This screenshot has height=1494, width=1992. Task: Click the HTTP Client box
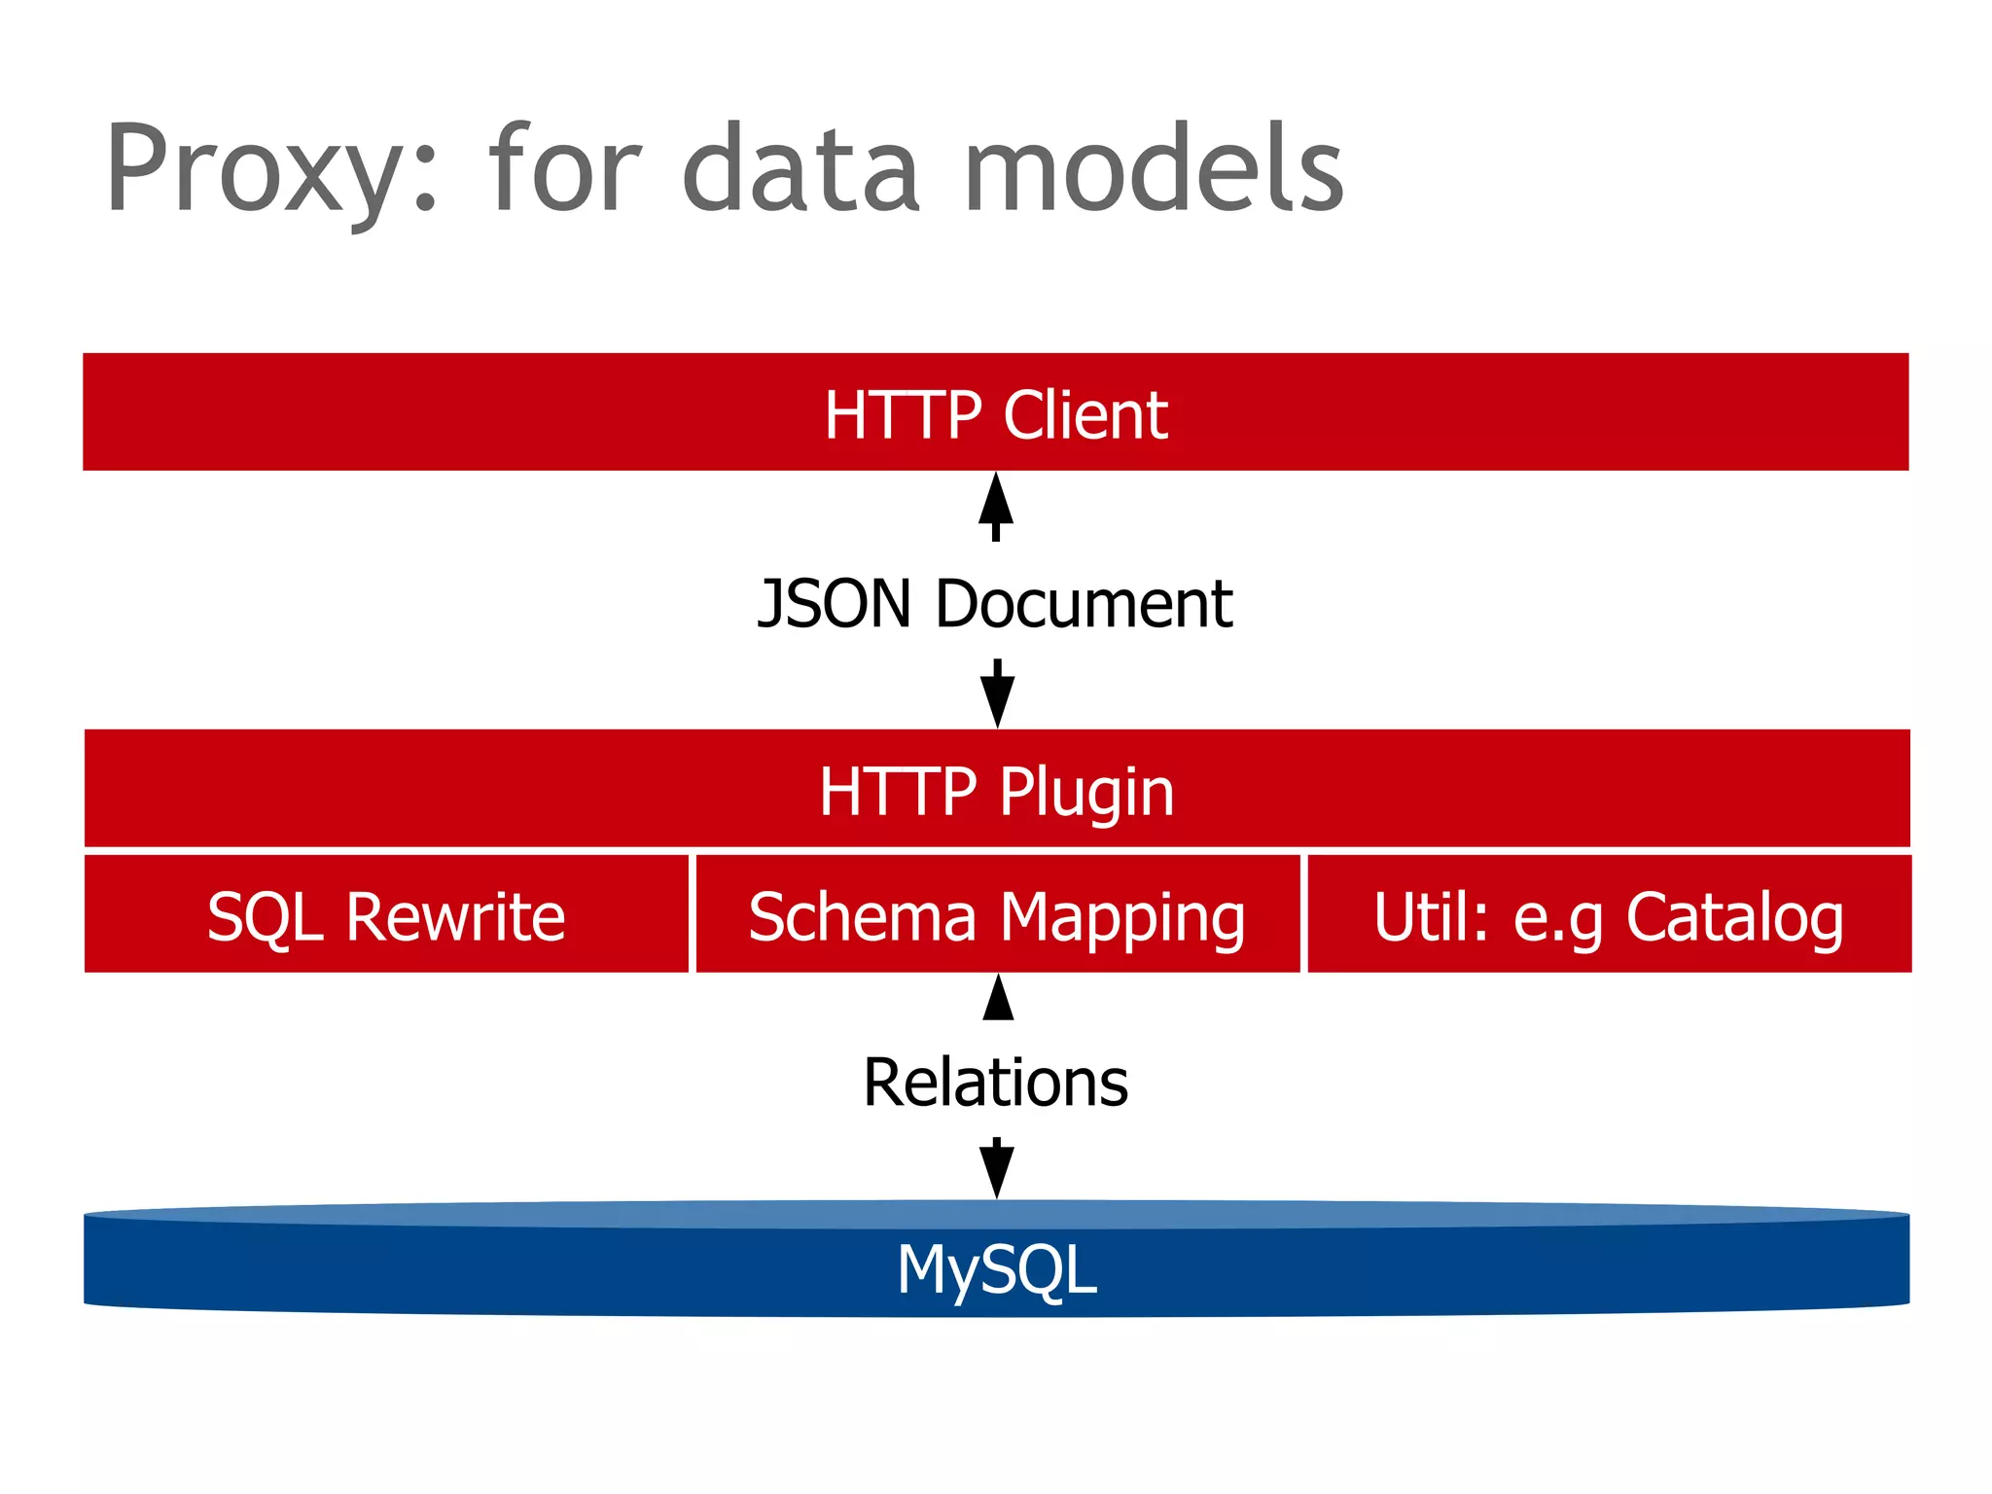tap(995, 412)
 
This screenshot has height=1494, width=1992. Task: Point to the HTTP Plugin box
tap(996, 789)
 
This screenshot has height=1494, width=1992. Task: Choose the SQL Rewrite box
tap(386, 915)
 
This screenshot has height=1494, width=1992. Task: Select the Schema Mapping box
tap(997, 915)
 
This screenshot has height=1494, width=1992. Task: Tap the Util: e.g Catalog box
tap(1609, 915)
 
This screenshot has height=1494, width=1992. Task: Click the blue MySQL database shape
tap(996, 1264)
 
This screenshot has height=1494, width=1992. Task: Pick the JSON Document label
tap(995, 604)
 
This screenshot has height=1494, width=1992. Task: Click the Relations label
tap(995, 1083)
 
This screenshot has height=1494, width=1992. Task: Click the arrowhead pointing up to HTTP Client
tap(995, 498)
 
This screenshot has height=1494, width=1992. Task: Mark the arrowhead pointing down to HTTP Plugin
tap(997, 700)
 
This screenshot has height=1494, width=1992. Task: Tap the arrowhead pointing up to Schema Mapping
tap(998, 997)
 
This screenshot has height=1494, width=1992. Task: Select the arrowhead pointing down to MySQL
tap(997, 1171)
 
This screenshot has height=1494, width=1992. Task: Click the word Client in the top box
tap(1085, 415)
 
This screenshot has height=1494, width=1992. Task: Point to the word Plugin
tap(1086, 792)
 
